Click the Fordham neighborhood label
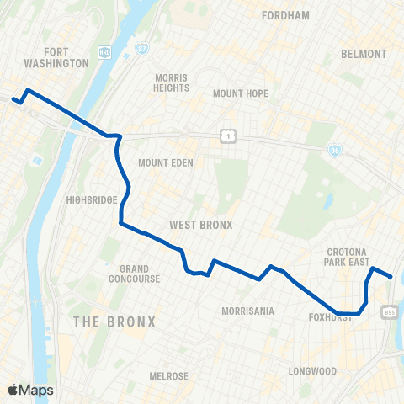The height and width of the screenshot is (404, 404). click(286, 15)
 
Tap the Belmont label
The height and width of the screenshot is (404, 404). click(364, 54)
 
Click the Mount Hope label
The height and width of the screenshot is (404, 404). click(240, 93)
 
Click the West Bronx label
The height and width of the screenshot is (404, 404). click(200, 225)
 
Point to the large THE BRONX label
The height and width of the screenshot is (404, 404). click(114, 322)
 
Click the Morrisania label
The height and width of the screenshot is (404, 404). click(247, 311)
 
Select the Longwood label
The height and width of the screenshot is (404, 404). click(312, 371)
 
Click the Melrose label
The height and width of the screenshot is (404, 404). click(168, 376)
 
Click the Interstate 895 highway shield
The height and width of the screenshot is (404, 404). click(388, 312)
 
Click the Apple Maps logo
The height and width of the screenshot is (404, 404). click(30, 390)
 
